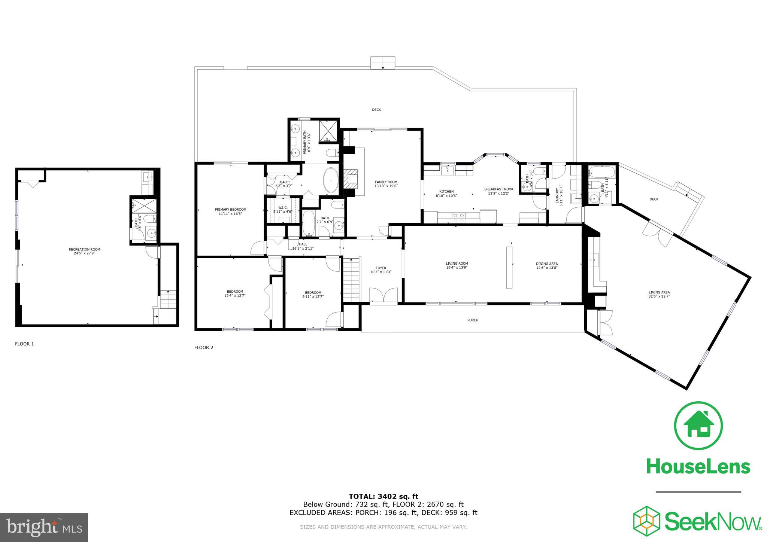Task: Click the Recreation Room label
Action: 84,249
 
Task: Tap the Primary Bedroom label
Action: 230,210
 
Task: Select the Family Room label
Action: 386,182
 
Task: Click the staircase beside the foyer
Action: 351,279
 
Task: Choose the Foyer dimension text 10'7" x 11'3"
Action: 381,272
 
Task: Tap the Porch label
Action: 473,320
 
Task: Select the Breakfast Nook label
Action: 498,189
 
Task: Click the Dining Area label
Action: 547,264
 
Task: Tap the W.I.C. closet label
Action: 283,208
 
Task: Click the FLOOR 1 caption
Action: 24,344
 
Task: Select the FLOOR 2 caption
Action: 204,347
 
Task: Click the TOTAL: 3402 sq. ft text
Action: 383,497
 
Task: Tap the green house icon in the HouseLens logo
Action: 698,426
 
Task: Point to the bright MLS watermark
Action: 44,527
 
